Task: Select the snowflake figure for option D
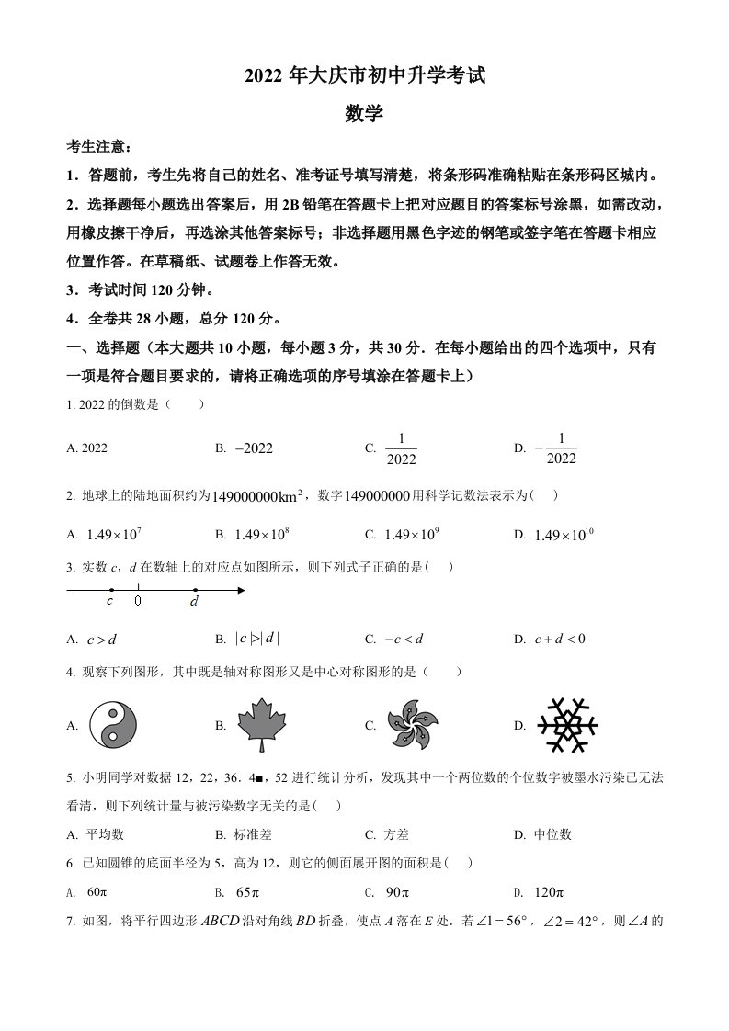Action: click(x=567, y=724)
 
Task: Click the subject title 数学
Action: click(x=364, y=113)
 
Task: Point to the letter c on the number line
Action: click(x=110, y=602)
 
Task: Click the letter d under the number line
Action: click(x=194, y=603)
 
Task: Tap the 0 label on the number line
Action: click(x=138, y=602)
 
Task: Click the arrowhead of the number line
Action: click(x=241, y=590)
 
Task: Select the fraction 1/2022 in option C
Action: click(x=401, y=448)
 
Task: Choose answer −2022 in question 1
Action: click(x=255, y=448)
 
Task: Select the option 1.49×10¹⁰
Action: click(x=562, y=534)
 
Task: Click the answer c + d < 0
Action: click(x=559, y=640)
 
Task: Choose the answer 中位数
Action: click(x=553, y=834)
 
